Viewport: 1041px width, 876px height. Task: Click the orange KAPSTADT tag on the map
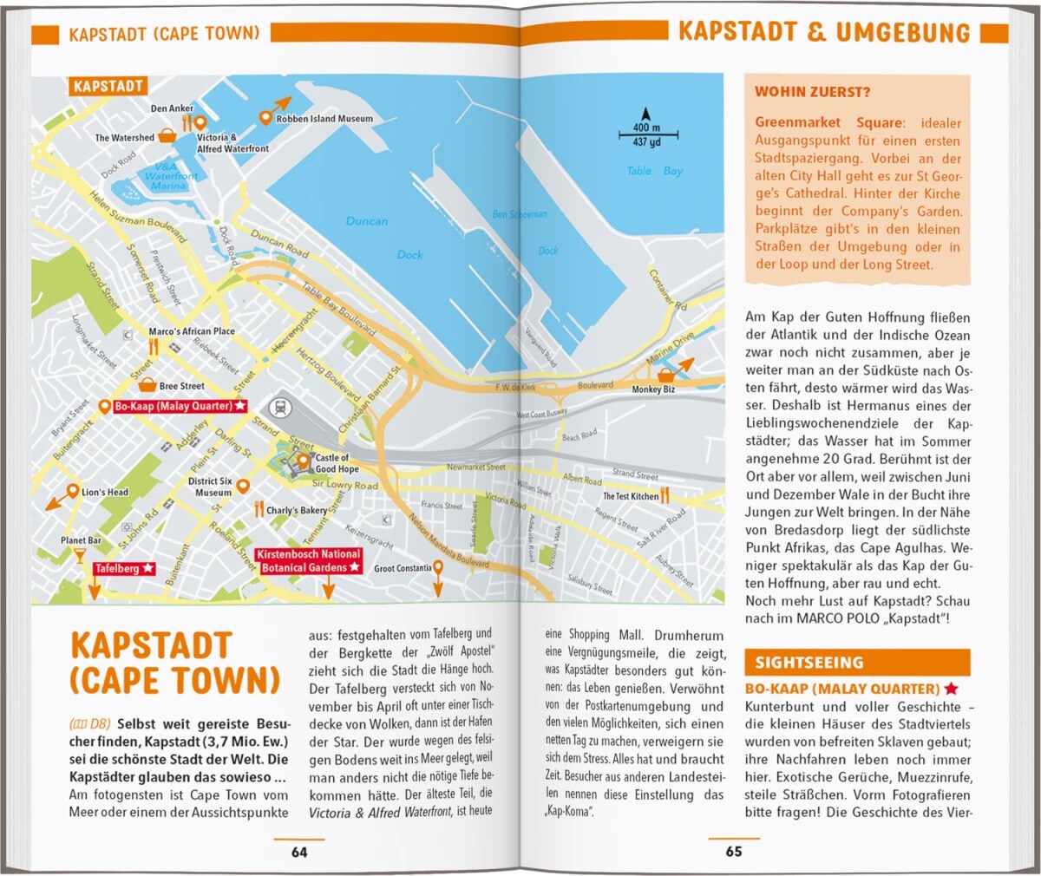point(108,87)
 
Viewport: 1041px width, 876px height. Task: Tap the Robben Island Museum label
point(324,119)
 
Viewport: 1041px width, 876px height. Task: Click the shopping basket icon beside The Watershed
point(167,136)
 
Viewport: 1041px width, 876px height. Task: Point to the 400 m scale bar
point(647,134)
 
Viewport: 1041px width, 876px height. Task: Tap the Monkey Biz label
point(653,389)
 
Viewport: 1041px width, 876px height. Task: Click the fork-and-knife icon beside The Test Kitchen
point(665,495)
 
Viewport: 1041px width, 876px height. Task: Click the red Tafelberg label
point(124,569)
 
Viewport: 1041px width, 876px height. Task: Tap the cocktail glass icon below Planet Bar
point(80,556)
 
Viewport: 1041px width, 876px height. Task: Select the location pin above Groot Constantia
point(438,568)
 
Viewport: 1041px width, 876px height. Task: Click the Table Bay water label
point(654,171)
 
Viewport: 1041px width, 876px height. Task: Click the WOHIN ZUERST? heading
point(812,92)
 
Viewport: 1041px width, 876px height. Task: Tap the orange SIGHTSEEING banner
point(856,663)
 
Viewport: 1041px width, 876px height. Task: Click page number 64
point(299,852)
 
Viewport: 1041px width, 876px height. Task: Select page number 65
point(734,852)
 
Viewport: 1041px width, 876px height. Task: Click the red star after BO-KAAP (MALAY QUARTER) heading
point(951,689)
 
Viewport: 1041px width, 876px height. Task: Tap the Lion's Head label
point(104,492)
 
